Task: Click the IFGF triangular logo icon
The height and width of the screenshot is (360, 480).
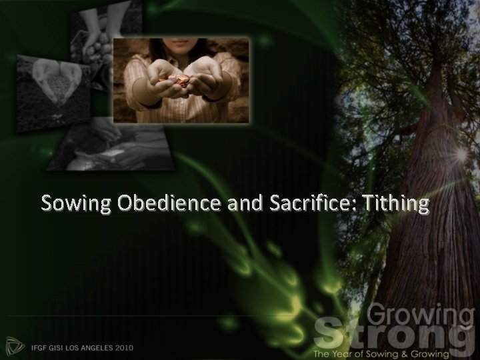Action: (15, 345)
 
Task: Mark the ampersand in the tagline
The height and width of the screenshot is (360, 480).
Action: (413, 351)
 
